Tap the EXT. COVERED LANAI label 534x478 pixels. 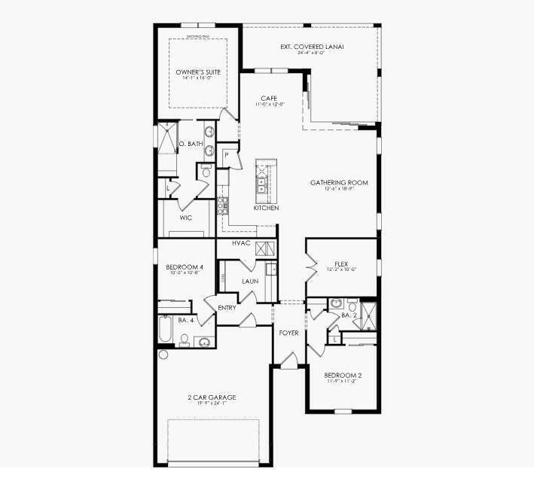pos(312,47)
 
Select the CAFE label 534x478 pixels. pos(269,98)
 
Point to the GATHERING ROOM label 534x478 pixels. pos(339,182)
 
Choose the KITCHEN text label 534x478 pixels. pos(266,208)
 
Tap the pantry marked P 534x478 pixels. pos(227,154)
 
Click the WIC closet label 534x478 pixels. pos(186,218)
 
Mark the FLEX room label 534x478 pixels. pos(341,263)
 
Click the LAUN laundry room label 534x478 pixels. pos(250,282)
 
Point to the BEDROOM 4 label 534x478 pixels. pos(185,266)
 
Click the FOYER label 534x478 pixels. pos(288,332)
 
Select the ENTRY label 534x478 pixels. pos(227,307)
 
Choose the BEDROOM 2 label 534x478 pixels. pos(343,375)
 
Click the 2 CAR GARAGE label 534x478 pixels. pos(212,397)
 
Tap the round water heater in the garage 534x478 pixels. pos(163,355)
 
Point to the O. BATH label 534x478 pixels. pos(191,143)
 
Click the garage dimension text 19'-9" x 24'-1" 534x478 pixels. pos(212,404)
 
